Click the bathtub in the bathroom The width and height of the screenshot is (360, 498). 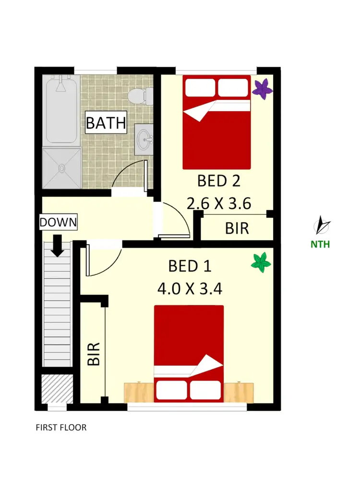click(x=61, y=111)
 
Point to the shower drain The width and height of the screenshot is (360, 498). click(x=61, y=168)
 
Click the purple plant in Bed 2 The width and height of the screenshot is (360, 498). click(x=263, y=89)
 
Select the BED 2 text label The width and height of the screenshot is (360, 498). click(x=218, y=181)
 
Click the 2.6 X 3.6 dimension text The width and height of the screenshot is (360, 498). click(x=219, y=204)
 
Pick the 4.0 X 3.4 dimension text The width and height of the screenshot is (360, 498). click(x=190, y=289)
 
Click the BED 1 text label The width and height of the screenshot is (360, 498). click(x=190, y=266)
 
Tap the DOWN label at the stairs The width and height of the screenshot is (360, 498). click(x=58, y=223)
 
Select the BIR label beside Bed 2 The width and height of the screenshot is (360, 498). click(x=237, y=228)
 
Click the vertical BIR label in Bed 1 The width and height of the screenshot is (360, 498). click(x=94, y=354)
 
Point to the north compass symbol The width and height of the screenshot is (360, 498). click(x=321, y=225)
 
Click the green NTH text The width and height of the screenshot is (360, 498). click(x=320, y=244)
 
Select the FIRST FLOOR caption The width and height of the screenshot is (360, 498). click(x=61, y=427)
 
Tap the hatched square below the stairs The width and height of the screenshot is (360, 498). click(x=57, y=389)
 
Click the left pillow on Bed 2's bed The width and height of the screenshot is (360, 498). click(x=201, y=87)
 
